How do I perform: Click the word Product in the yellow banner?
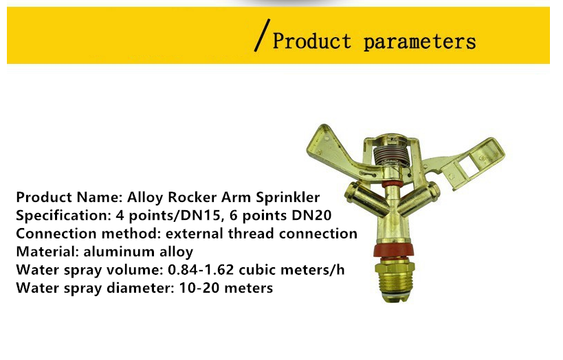(311, 41)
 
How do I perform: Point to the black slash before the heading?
(262, 35)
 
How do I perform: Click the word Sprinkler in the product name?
(287, 197)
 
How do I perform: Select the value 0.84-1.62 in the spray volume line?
(201, 269)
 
